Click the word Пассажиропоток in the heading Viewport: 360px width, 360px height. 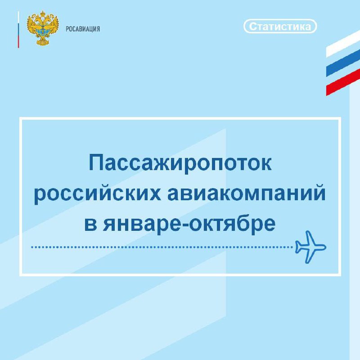180,164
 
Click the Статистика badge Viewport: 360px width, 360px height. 280,26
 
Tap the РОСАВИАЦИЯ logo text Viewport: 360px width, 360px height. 83,29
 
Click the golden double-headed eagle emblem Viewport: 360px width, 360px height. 43,28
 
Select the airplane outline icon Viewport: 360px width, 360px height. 310,247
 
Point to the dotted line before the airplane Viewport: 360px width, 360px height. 162,247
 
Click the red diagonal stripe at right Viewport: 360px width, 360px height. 343,82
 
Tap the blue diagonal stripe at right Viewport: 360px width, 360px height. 343,63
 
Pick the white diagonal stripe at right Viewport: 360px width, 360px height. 343,44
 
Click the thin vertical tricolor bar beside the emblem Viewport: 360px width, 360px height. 18,30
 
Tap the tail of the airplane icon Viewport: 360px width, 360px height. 298,247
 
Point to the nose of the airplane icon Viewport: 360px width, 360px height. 324,247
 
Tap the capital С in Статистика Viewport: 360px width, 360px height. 253,27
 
